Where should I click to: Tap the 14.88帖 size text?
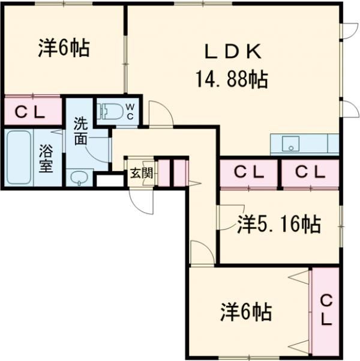pos(231,79)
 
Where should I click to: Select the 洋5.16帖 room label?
pos(278,225)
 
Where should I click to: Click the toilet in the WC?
pos(112,111)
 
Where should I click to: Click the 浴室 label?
pos(46,159)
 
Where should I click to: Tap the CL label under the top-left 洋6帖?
pos(29,111)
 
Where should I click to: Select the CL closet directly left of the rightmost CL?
pos(248,172)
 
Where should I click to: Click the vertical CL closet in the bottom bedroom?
pos(325,309)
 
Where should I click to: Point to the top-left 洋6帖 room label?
pos(65,48)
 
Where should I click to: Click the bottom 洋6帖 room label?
pos(245,312)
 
